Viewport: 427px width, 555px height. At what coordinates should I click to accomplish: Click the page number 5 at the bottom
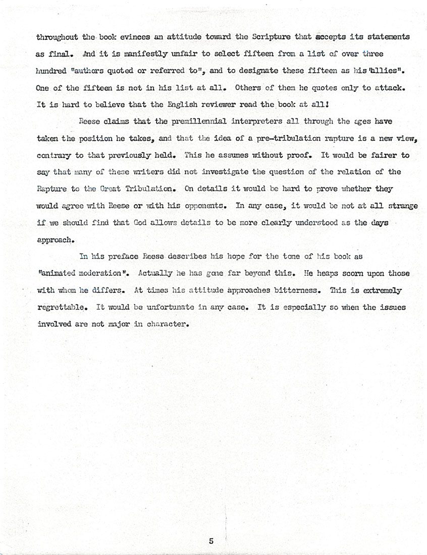211,541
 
